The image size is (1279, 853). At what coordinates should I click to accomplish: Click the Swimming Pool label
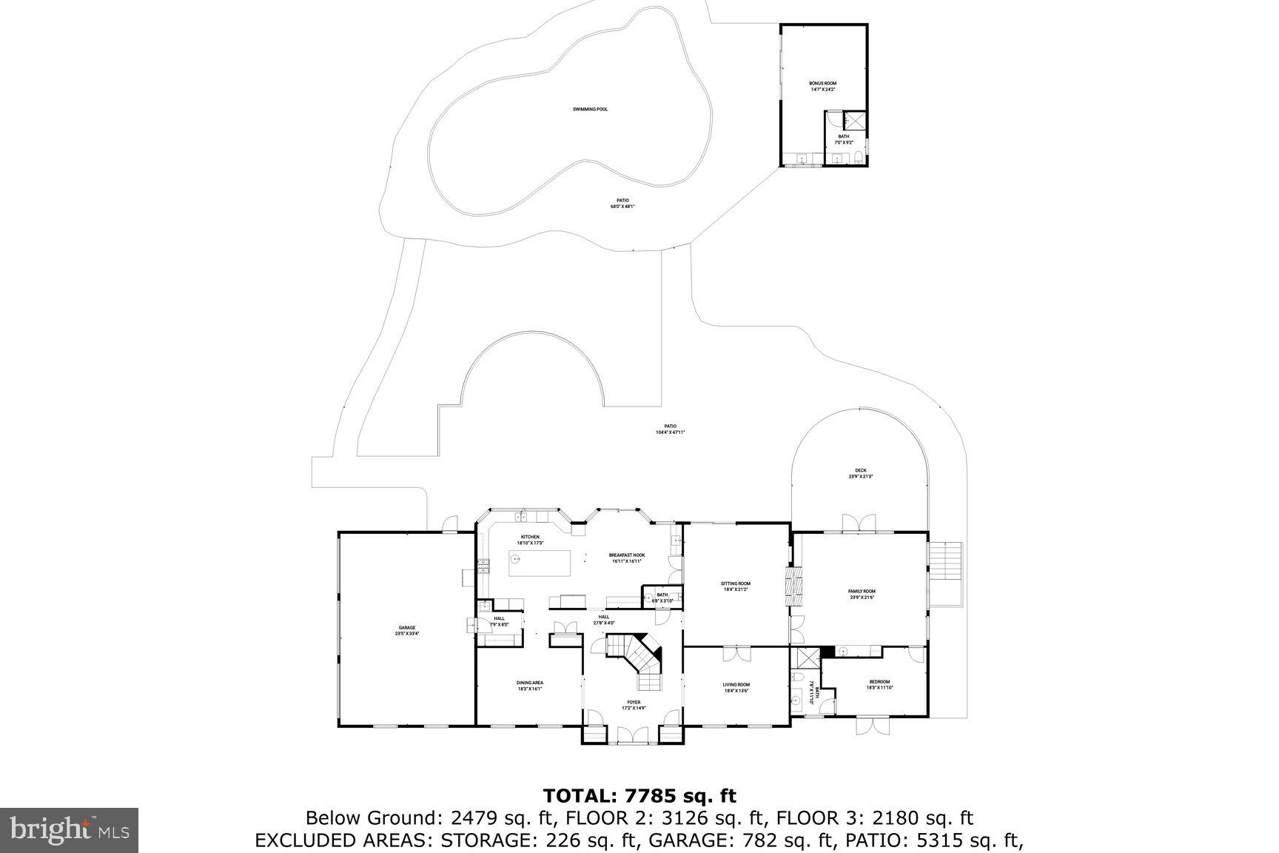point(590,110)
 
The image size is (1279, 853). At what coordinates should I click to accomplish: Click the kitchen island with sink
point(540,563)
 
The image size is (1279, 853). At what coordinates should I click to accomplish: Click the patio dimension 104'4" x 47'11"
point(670,432)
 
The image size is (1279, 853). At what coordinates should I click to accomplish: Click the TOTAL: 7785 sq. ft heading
point(639,796)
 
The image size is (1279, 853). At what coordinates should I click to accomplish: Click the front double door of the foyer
point(634,735)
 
